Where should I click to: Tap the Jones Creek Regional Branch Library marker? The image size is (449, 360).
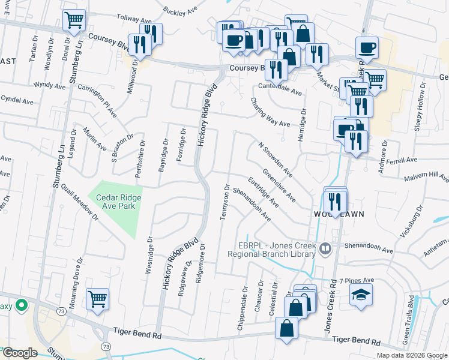pyautogui.click(x=325, y=247)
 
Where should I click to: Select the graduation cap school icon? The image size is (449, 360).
pyautogui.click(x=361, y=295)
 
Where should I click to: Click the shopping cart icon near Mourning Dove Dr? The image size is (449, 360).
pyautogui.click(x=98, y=299)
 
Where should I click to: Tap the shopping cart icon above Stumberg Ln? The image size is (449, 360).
pyautogui.click(x=74, y=21)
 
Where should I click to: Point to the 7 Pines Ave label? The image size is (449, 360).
pyautogui.click(x=357, y=281)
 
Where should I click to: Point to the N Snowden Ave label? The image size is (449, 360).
pyautogui.click(x=276, y=159)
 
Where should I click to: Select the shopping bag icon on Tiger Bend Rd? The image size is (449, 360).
pyautogui.click(x=286, y=329)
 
